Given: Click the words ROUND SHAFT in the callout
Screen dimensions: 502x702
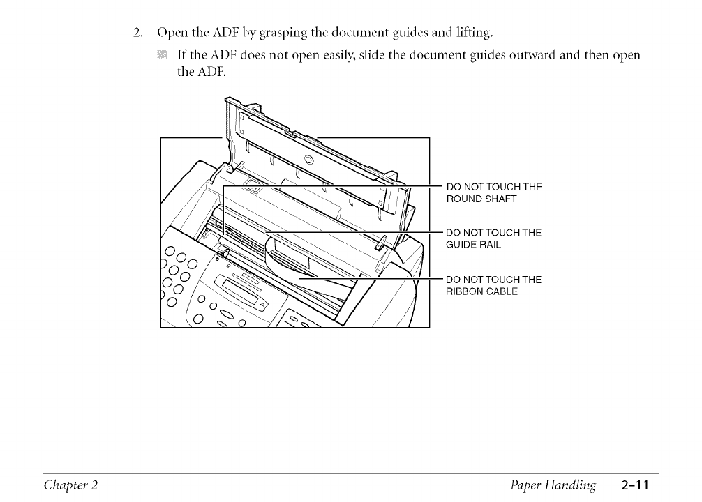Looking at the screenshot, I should click(x=481, y=199).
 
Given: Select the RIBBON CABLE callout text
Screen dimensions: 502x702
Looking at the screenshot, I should click(x=482, y=291).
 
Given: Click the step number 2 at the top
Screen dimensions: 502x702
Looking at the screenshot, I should click(x=138, y=32).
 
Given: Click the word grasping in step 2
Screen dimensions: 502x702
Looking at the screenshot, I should click(x=262, y=32).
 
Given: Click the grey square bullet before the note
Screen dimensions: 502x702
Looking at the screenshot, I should click(x=162, y=54).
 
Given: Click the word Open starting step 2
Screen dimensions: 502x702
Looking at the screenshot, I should click(x=172, y=32).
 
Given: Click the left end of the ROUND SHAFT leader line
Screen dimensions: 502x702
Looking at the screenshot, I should click(x=223, y=187).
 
